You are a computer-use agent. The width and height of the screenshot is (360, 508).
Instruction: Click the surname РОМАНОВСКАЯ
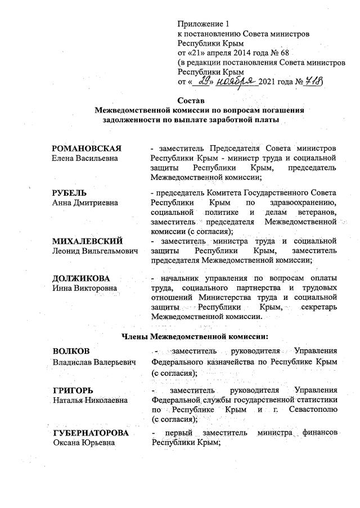click(87, 149)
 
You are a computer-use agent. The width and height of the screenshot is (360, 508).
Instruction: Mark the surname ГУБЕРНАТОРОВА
click(91, 433)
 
